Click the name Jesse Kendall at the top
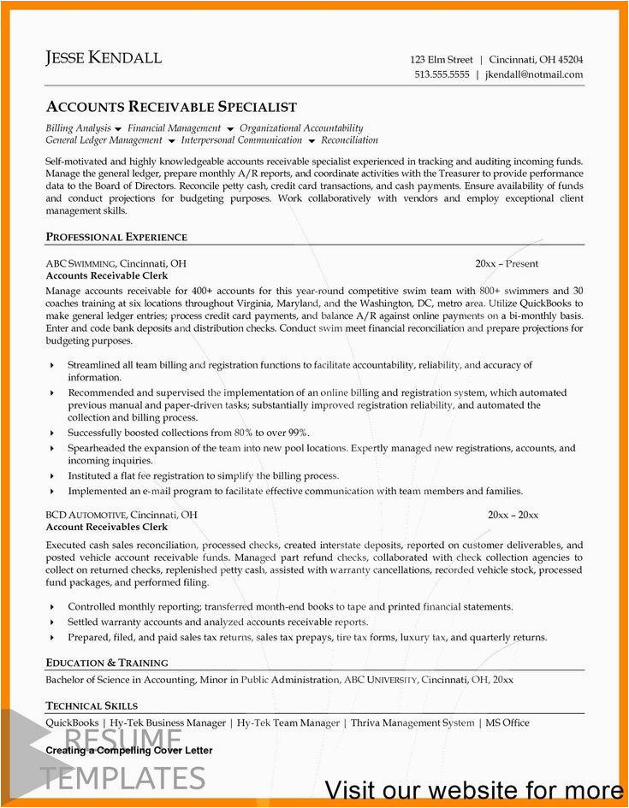tap(104, 59)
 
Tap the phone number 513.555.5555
tap(442, 74)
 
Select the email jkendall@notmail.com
tap(533, 74)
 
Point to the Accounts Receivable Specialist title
tap(171, 107)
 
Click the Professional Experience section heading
tap(116, 237)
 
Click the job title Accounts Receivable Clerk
tap(106, 276)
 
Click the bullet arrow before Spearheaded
tap(52, 449)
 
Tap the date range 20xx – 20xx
tap(513, 515)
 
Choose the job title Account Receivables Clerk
tap(106, 528)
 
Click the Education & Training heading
tap(107, 663)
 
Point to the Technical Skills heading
tap(92, 705)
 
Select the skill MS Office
tap(507, 722)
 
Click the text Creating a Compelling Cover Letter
tap(129, 751)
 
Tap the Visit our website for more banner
tap(473, 789)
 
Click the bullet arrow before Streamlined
tap(52, 365)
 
